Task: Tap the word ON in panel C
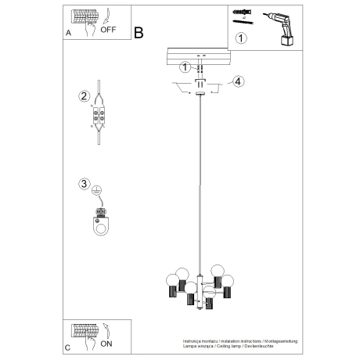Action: pyautogui.click(x=107, y=343)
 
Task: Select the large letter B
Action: pyautogui.click(x=139, y=33)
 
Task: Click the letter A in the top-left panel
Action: pyautogui.click(x=68, y=34)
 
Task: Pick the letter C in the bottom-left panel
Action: pyautogui.click(x=68, y=347)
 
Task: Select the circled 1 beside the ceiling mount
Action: pyautogui.click(x=184, y=68)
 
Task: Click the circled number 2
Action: pyautogui.click(x=84, y=96)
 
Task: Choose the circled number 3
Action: pyautogui.click(x=84, y=185)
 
